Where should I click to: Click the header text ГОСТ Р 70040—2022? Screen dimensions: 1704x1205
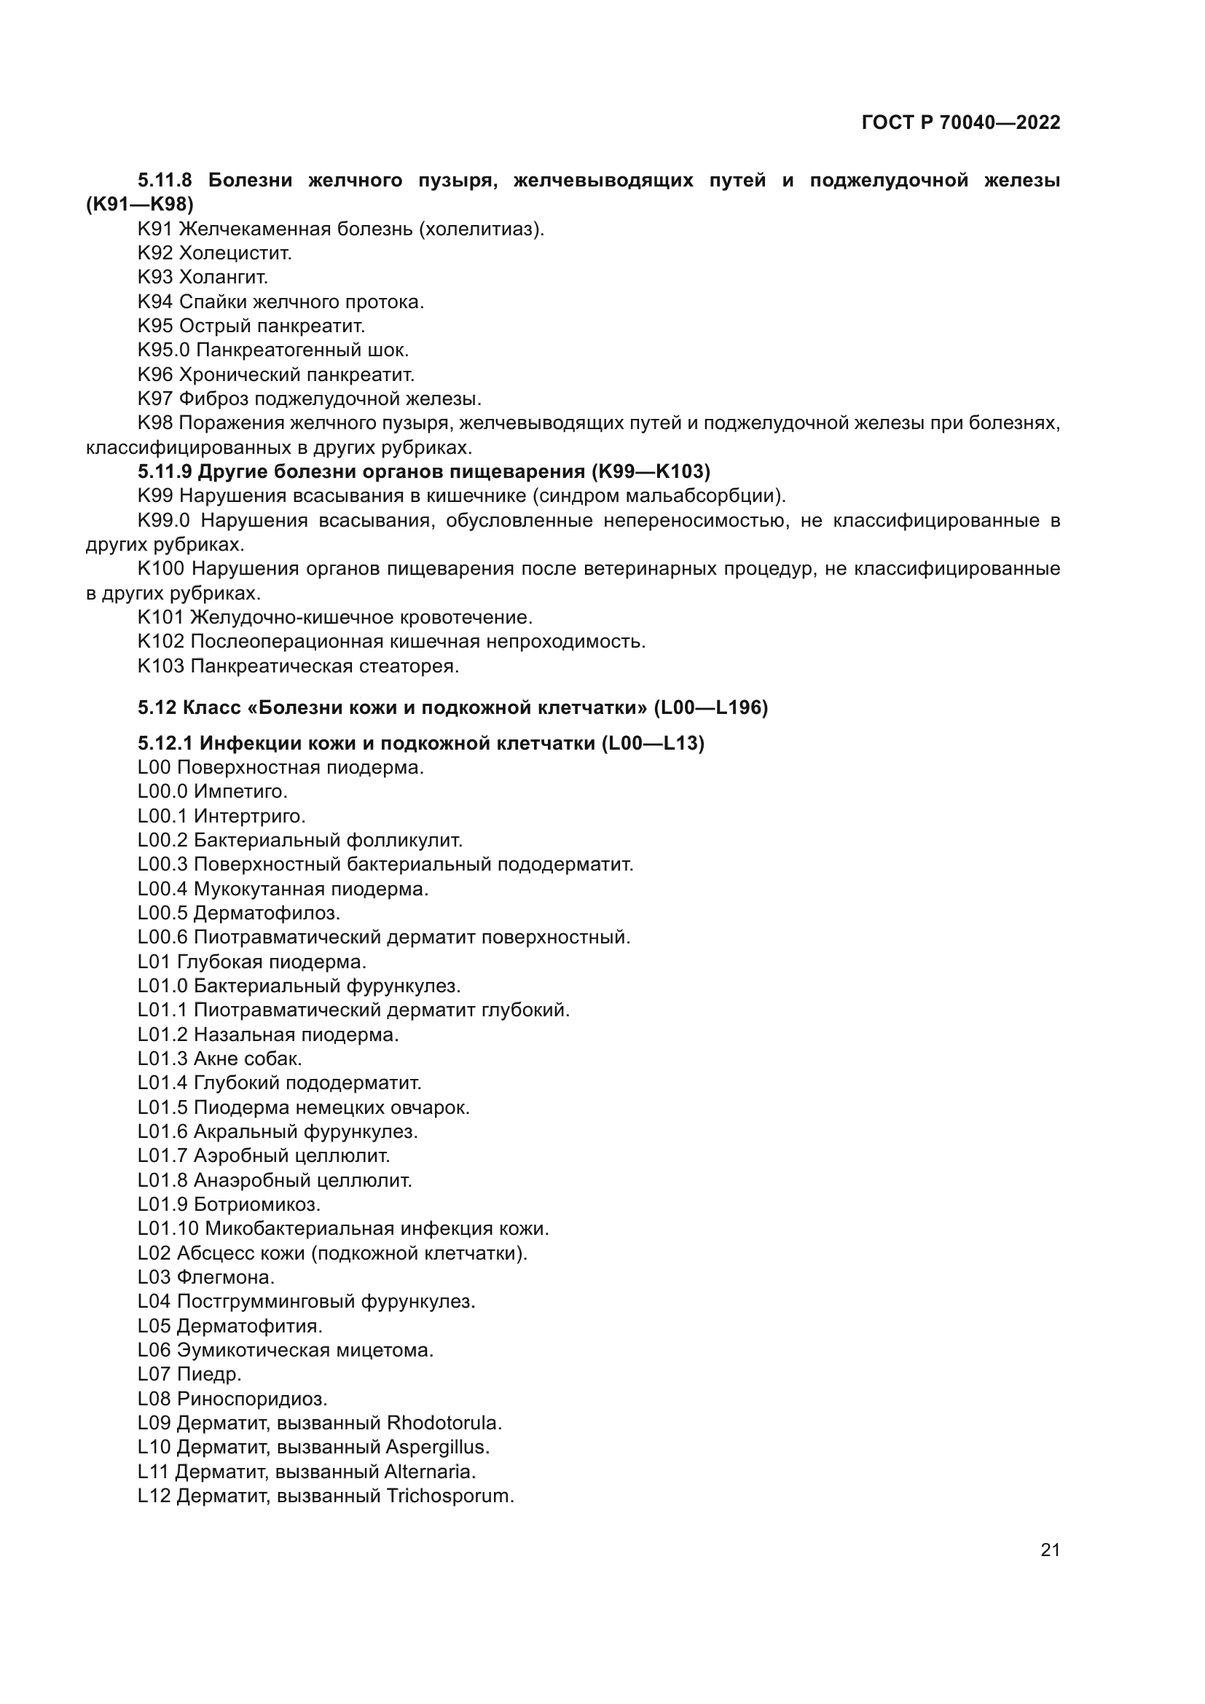(x=961, y=123)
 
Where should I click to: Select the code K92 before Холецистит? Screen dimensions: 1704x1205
(x=155, y=253)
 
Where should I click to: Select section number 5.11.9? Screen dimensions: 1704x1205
(x=165, y=472)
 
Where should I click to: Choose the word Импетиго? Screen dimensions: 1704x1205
(x=240, y=792)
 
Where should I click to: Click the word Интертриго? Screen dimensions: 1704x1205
(x=249, y=817)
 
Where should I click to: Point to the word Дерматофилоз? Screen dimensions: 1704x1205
(x=267, y=914)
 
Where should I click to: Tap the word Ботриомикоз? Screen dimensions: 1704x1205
(x=256, y=1204)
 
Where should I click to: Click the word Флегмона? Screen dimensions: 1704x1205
(x=225, y=1277)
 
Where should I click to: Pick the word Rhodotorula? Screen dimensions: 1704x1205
(x=444, y=1423)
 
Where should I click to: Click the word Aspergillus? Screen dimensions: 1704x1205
(x=437, y=1448)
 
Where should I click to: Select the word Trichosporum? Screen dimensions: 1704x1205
(x=450, y=1496)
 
